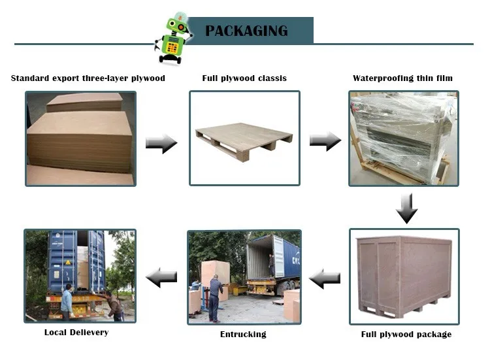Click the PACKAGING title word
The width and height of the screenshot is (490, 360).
[246, 31]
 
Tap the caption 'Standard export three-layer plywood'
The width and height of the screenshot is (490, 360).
[88, 78]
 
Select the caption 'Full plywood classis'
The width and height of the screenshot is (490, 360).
[244, 78]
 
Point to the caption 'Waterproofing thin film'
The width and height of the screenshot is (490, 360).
[402, 78]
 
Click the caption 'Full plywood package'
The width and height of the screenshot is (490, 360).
[406, 335]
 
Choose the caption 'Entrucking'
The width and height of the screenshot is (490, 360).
[242, 335]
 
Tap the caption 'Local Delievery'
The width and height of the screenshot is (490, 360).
[76, 333]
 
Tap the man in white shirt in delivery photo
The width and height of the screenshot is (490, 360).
[67, 301]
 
